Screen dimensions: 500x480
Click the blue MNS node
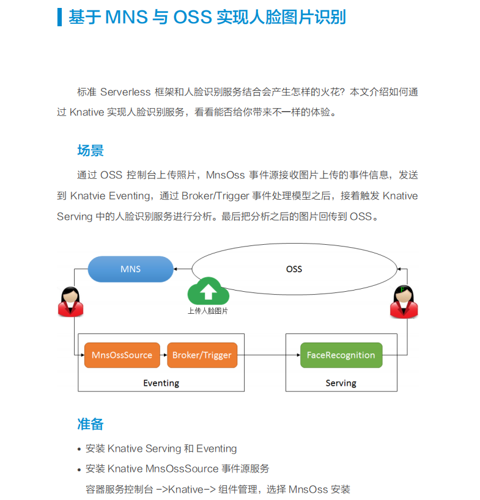[x=130, y=269]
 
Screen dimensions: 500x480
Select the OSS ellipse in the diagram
[x=294, y=269]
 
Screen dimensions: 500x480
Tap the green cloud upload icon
[x=208, y=292]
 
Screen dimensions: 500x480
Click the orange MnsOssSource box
[x=122, y=355]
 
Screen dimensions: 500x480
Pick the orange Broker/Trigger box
[x=202, y=355]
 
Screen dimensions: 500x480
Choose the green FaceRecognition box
[x=341, y=355]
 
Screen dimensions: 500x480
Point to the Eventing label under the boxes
[x=161, y=383]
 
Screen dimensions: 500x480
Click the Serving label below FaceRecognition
[x=341, y=383]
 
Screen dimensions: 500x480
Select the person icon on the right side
[x=404, y=302]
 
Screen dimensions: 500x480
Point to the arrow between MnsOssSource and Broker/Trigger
[x=163, y=355]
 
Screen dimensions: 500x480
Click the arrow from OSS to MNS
[x=182, y=269]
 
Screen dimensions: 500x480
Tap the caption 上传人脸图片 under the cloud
[x=208, y=310]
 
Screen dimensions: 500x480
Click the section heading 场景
[x=90, y=151]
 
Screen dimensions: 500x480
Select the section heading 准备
[x=90, y=424]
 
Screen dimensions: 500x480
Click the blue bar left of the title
[x=59, y=17]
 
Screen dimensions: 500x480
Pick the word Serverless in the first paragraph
[x=125, y=92]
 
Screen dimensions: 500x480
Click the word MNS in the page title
[x=127, y=17]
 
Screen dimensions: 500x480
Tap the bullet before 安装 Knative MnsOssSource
[x=79, y=470]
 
